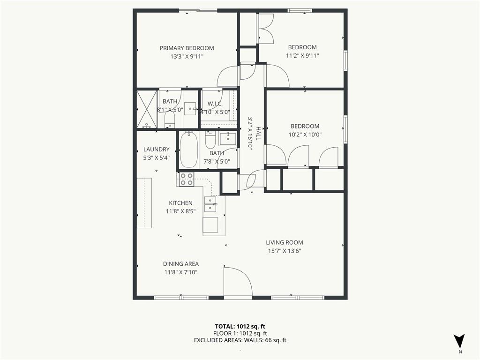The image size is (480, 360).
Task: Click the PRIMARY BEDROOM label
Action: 187,48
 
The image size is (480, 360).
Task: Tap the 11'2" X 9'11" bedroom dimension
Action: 302,56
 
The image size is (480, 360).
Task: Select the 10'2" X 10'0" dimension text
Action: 305,135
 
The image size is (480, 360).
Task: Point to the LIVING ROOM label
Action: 285,242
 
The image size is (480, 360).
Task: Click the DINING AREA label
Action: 180,264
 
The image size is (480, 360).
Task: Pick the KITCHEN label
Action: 180,203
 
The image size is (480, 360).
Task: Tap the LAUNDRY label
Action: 157,150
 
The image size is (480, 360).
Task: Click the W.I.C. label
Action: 215,104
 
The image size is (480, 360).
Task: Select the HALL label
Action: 258,134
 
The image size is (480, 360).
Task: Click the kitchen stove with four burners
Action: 187,179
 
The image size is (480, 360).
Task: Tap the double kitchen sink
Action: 210,204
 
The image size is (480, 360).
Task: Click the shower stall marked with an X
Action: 147,109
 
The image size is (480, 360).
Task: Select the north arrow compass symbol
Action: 459,340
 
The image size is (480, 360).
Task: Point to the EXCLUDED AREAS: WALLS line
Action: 240,340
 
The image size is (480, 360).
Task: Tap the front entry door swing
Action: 238,282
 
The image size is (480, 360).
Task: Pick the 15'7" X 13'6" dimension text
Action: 285,251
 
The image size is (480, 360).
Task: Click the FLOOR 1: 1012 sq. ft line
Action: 240,333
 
